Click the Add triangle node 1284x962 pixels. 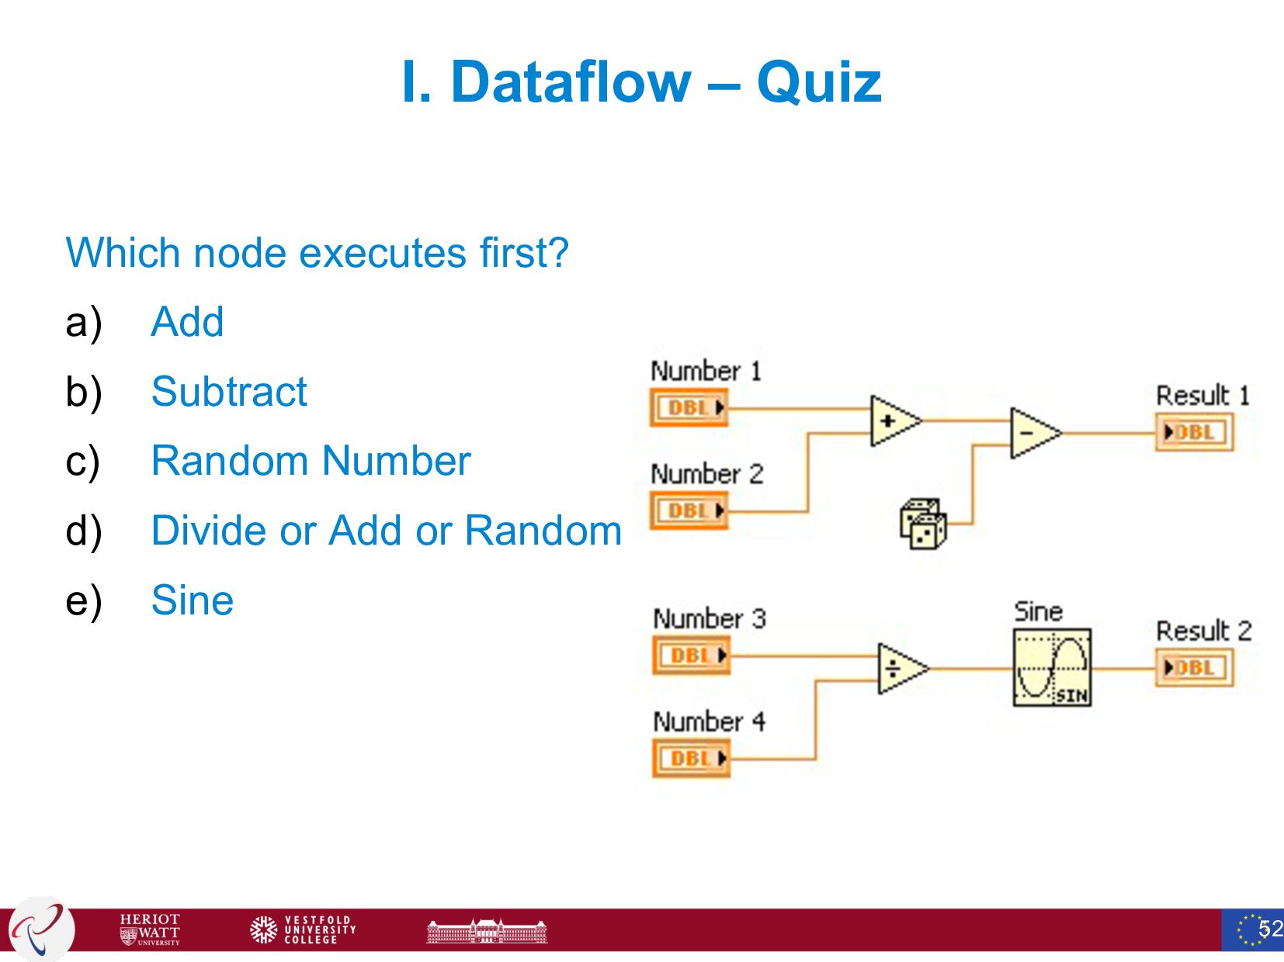894,421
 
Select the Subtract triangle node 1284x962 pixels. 1033,433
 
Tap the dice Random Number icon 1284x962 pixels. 923,524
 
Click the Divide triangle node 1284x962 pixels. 901,668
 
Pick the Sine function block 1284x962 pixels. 1052,667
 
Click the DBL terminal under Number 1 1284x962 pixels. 689,407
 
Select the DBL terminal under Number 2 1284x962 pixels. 689,510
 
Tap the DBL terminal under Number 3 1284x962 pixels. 691,656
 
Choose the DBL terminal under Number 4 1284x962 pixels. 691,758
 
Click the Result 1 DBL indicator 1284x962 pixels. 1194,432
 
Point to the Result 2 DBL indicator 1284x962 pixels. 1194,668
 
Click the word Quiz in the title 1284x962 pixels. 819,81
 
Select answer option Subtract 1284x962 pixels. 229,391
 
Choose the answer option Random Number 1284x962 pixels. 311,461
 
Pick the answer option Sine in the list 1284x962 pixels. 193,600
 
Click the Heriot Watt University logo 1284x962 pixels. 150,929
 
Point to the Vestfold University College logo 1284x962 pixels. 303,929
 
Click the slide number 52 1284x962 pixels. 1270,929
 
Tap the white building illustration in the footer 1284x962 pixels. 487,930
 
